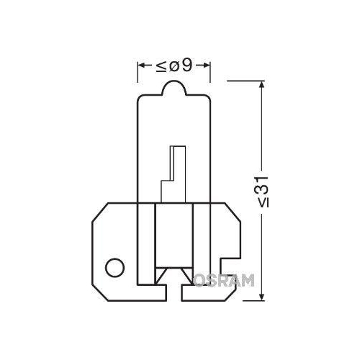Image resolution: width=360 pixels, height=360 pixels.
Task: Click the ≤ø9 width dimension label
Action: click(x=174, y=68)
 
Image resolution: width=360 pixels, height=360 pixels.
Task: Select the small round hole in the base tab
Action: click(x=112, y=269)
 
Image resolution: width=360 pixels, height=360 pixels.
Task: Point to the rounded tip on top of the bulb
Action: click(x=174, y=86)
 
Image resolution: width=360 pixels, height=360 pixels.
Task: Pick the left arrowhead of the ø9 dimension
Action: click(x=141, y=68)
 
